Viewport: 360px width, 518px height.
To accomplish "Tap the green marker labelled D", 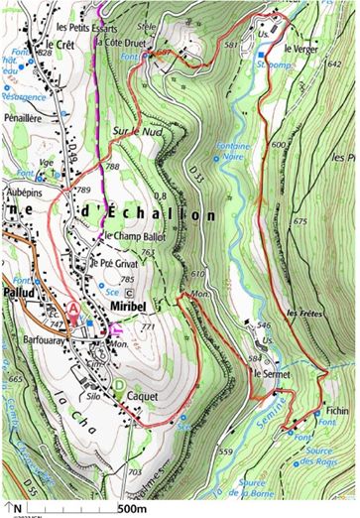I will pyautogui.click(x=120, y=385).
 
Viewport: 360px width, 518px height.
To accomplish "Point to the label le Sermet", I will pyautogui.click(x=271, y=374).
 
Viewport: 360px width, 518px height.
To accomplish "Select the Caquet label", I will pyautogui.click(x=143, y=394).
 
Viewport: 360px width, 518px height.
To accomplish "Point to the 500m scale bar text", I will pyautogui.click(x=133, y=508).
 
